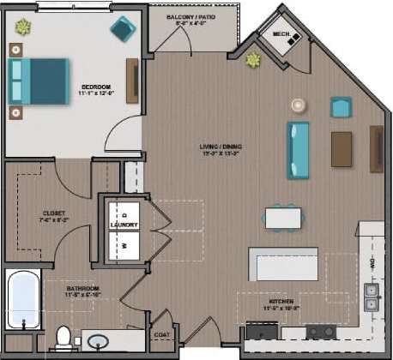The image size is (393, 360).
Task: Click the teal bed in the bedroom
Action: tap(39, 81)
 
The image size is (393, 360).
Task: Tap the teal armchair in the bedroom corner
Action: tap(123, 29)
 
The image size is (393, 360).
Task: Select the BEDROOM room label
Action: tap(95, 87)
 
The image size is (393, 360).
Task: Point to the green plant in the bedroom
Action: tap(22, 28)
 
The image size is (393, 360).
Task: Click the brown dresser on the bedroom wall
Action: tap(132, 81)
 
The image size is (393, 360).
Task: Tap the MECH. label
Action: tap(281, 34)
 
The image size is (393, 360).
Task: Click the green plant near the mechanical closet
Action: tap(253, 60)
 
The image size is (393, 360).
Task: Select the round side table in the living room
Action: tap(297, 105)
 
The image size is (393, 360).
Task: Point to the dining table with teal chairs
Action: tap(282, 218)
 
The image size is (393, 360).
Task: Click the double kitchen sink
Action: tap(372, 297)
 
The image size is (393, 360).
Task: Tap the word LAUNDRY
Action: tap(124, 225)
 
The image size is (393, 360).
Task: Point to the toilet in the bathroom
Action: tap(63, 338)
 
